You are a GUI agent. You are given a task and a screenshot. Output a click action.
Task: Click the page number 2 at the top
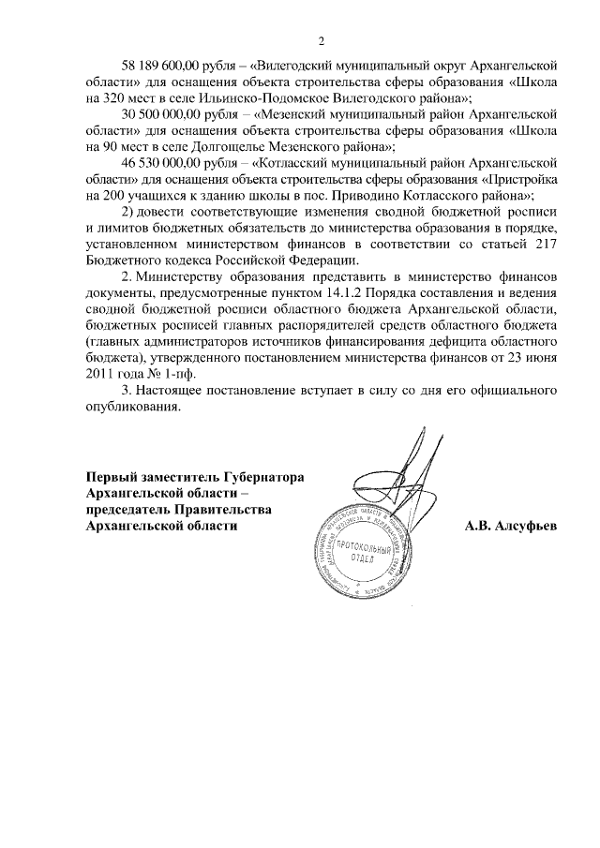321,42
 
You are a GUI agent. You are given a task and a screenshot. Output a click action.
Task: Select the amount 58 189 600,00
165,66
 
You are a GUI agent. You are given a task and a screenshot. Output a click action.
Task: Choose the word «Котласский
300,163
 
